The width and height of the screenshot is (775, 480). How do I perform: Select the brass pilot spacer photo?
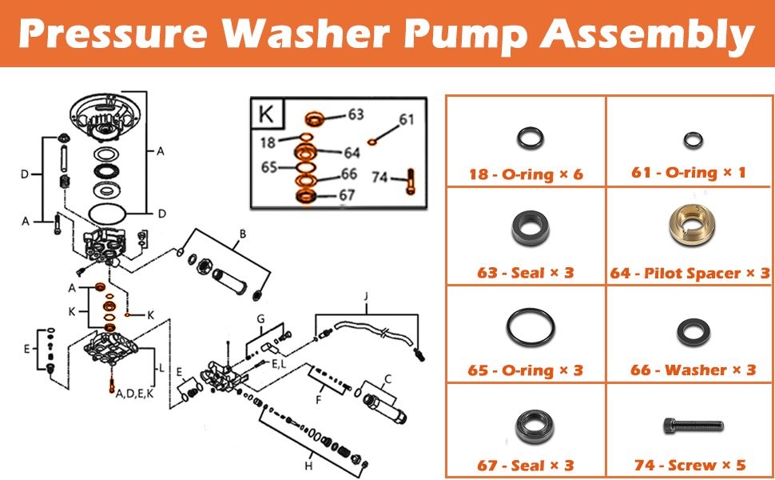691,225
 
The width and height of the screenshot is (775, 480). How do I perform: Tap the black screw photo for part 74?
693,425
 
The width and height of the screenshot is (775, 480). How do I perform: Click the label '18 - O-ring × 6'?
526,174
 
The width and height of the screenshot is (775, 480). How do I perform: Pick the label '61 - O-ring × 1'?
689,173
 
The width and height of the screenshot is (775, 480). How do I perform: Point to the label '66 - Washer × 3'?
693,370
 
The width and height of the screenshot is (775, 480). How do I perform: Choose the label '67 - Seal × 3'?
526,465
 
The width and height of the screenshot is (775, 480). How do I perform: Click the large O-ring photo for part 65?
530,327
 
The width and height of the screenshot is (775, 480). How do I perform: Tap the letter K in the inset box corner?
266,114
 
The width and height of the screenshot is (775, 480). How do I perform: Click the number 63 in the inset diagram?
356,114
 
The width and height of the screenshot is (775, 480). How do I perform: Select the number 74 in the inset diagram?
380,177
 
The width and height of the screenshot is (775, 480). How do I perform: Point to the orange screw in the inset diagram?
411,181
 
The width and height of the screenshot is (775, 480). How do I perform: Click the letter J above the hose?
366,297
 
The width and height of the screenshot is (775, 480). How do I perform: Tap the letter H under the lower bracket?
309,466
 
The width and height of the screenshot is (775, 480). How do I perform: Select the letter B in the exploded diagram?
243,234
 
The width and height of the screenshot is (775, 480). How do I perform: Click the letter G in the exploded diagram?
260,318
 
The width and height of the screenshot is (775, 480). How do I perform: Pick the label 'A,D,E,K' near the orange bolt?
134,394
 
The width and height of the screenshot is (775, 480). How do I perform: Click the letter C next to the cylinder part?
388,379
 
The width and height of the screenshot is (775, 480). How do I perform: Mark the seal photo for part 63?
530,228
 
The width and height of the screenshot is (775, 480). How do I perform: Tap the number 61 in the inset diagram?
407,120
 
